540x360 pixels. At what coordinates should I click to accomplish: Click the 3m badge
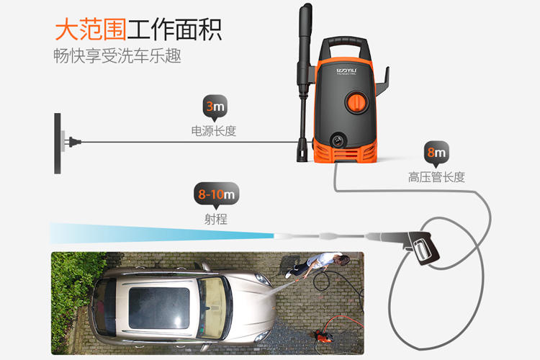click(215, 108)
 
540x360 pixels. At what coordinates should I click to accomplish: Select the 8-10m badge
click(216, 194)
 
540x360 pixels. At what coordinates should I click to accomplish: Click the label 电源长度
click(214, 132)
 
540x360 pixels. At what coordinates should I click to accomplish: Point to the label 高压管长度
click(436, 176)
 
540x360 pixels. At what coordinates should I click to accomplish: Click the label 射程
click(215, 218)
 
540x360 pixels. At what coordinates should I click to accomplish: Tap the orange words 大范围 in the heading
click(89, 30)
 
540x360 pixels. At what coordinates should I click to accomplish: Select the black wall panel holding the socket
click(57, 143)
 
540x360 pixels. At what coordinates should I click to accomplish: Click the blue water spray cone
click(158, 234)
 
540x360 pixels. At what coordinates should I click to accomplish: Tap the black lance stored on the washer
click(301, 79)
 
